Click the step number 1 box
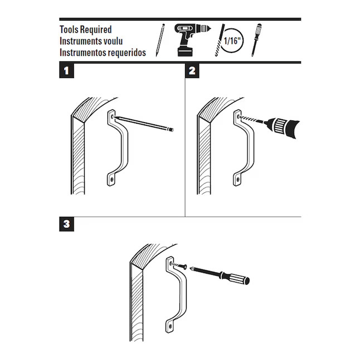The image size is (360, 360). coord(66,71)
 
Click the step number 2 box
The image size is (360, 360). coord(192,71)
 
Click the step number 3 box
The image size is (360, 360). coord(66,225)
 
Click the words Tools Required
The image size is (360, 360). coord(85,30)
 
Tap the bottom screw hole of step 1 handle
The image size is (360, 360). coord(111,181)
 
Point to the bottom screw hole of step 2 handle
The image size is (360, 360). coord(239,181)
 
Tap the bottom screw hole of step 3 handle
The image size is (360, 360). coord(169,323)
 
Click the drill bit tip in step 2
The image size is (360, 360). coord(241,117)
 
